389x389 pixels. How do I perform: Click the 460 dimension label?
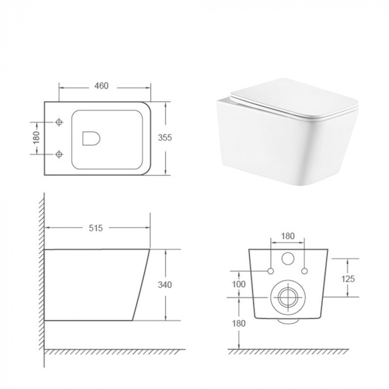tap(101, 86)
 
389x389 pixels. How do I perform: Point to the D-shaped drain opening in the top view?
tap(90, 138)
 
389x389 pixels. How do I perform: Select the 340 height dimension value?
tap(165, 285)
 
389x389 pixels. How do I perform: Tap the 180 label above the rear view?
tap(287, 236)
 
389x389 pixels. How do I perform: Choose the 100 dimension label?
tap(238, 284)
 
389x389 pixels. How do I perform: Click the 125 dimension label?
tap(348, 278)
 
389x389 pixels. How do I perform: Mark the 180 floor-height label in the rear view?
tap(238, 322)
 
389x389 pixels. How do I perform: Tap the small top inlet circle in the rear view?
tap(288, 259)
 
